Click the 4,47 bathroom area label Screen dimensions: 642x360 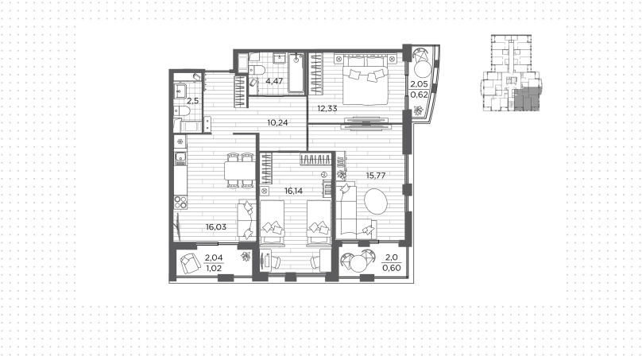[274, 81]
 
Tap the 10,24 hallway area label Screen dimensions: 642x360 [277, 122]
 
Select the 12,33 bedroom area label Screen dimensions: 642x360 [327, 109]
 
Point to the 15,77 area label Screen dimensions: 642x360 [376, 176]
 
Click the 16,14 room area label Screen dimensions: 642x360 [293, 191]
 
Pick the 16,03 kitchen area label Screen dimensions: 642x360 [216, 227]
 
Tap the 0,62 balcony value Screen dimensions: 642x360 [419, 95]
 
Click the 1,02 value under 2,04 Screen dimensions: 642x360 [213, 269]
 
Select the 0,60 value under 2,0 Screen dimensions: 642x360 [391, 268]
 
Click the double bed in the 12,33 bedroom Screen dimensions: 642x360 [365, 79]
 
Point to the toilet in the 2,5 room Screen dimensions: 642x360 [181, 110]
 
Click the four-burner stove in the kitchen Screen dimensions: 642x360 [180, 202]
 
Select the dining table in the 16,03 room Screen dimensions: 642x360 [240, 170]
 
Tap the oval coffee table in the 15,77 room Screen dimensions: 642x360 [376, 201]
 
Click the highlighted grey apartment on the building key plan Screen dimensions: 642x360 [527, 99]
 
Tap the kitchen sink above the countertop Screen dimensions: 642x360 [180, 157]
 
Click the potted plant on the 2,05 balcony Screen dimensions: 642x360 [418, 110]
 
